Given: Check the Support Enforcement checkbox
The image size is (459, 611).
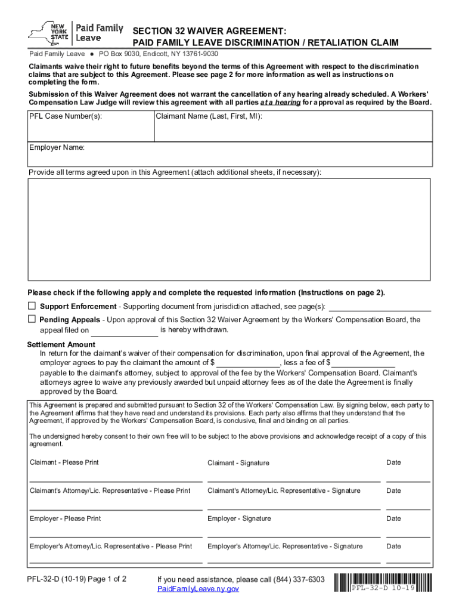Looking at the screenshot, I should click(32, 306).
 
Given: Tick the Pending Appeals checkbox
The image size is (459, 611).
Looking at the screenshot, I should click(32, 319).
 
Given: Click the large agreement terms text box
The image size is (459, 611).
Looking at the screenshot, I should click(229, 229).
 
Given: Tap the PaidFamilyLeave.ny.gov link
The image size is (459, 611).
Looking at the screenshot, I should click(198, 589).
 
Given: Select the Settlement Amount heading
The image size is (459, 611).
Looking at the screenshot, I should click(61, 344).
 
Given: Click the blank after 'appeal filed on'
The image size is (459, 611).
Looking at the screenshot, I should click(125, 331).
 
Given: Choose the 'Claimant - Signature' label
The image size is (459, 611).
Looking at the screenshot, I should click(238, 463).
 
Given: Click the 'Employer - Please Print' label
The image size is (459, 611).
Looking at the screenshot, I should click(65, 519).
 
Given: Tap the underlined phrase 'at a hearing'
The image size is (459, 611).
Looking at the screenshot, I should click(280, 103).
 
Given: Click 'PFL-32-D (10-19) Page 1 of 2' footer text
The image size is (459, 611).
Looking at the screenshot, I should click(76, 579).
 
